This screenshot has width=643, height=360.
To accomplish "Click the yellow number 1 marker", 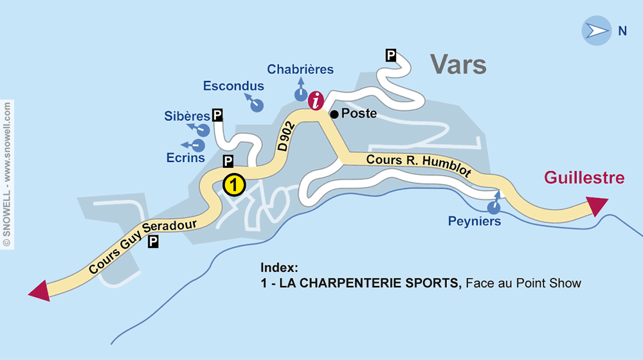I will click(x=234, y=185).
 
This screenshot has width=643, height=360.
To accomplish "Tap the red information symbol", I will click(x=316, y=100).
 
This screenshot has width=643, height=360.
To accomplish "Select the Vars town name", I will click(x=458, y=64).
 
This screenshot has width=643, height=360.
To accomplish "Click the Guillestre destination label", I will click(x=584, y=177).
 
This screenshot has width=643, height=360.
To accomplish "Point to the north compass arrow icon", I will click(x=595, y=31).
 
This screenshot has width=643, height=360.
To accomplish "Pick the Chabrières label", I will click(x=300, y=69).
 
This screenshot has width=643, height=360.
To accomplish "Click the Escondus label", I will click(x=233, y=86).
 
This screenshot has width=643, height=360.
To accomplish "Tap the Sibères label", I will click(x=187, y=116).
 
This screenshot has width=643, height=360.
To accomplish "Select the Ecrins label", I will click(x=185, y=157).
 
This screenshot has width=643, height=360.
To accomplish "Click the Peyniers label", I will click(x=474, y=222).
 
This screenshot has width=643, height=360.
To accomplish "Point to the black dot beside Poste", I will click(x=334, y=114).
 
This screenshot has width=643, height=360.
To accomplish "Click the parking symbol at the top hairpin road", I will click(x=390, y=55).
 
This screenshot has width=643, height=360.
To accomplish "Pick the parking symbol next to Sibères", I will click(x=218, y=115).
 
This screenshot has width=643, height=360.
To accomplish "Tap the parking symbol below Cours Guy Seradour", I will click(x=153, y=242).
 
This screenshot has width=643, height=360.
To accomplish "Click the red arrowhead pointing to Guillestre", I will click(x=597, y=206).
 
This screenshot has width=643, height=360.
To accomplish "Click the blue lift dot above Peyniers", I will click(x=494, y=207).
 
